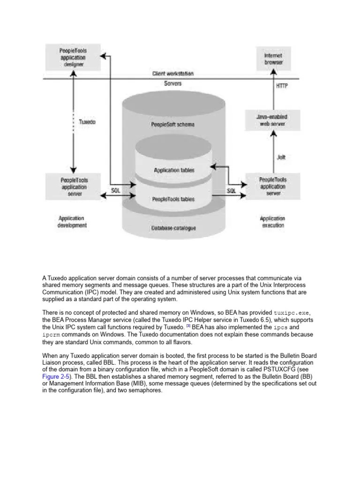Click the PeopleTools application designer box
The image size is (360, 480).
pyautogui.click(x=73, y=57)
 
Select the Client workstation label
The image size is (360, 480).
pyautogui.click(x=173, y=74)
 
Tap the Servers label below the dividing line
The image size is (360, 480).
pyautogui.click(x=173, y=83)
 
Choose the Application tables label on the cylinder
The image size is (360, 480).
pyautogui.click(x=174, y=170)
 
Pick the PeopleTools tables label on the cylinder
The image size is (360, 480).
pyautogui.click(x=173, y=199)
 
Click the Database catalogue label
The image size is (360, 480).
pyautogui.click(x=173, y=228)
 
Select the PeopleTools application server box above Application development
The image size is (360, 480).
pyautogui.click(x=73, y=186)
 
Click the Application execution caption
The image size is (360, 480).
pyautogui.click(x=272, y=222)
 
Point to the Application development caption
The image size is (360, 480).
pyautogui.click(x=72, y=221)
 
